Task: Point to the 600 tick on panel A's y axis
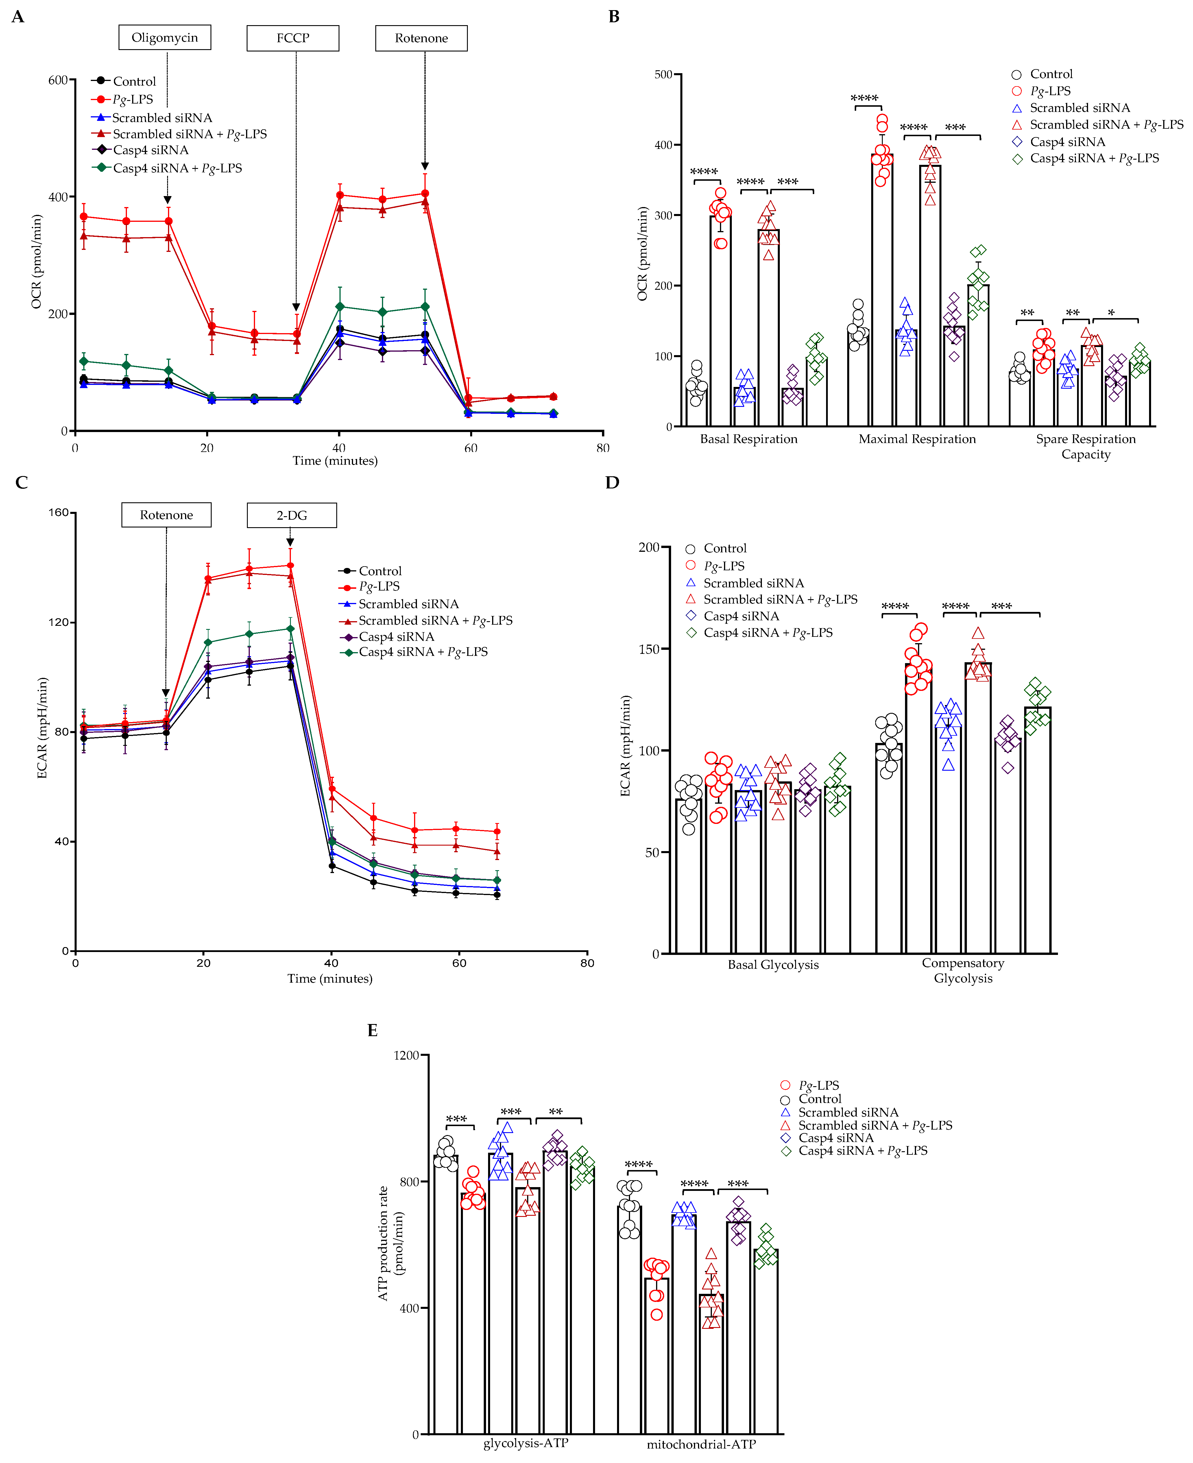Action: pyautogui.click(x=58, y=80)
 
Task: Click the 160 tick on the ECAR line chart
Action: pyautogui.click(x=58, y=513)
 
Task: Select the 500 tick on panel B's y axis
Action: pyautogui.click(x=663, y=74)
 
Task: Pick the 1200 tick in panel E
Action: pyautogui.click(x=406, y=1055)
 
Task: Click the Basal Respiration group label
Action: pyautogui.click(x=748, y=439)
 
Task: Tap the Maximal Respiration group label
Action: pyautogui.click(x=917, y=439)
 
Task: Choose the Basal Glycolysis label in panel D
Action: pyautogui.click(x=773, y=965)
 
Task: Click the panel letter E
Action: pyautogui.click(x=372, y=1030)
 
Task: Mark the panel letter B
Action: pyautogui.click(x=614, y=16)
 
